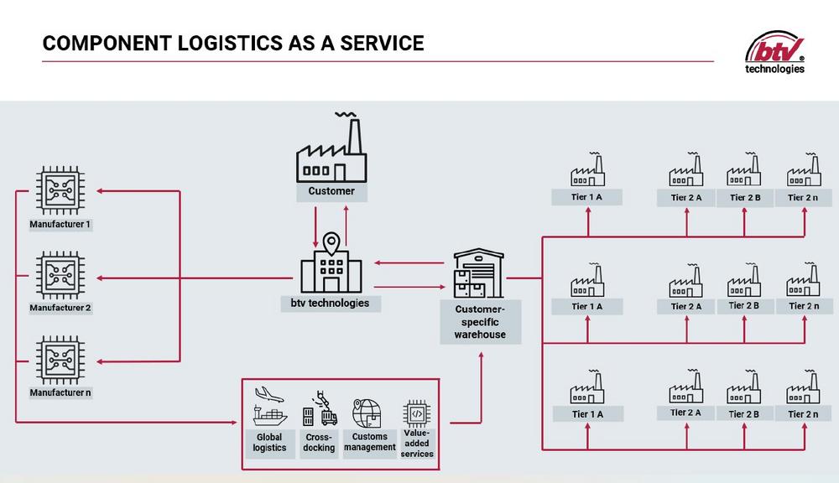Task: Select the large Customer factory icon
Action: tap(331, 151)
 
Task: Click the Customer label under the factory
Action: tap(331, 191)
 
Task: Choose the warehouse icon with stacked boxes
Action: tap(479, 273)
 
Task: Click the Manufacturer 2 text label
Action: tap(60, 308)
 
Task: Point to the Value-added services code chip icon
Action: tap(417, 413)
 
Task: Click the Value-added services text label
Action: tap(417, 443)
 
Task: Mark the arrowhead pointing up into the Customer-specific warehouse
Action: tap(481, 355)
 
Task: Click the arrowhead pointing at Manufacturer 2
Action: tap(101, 276)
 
